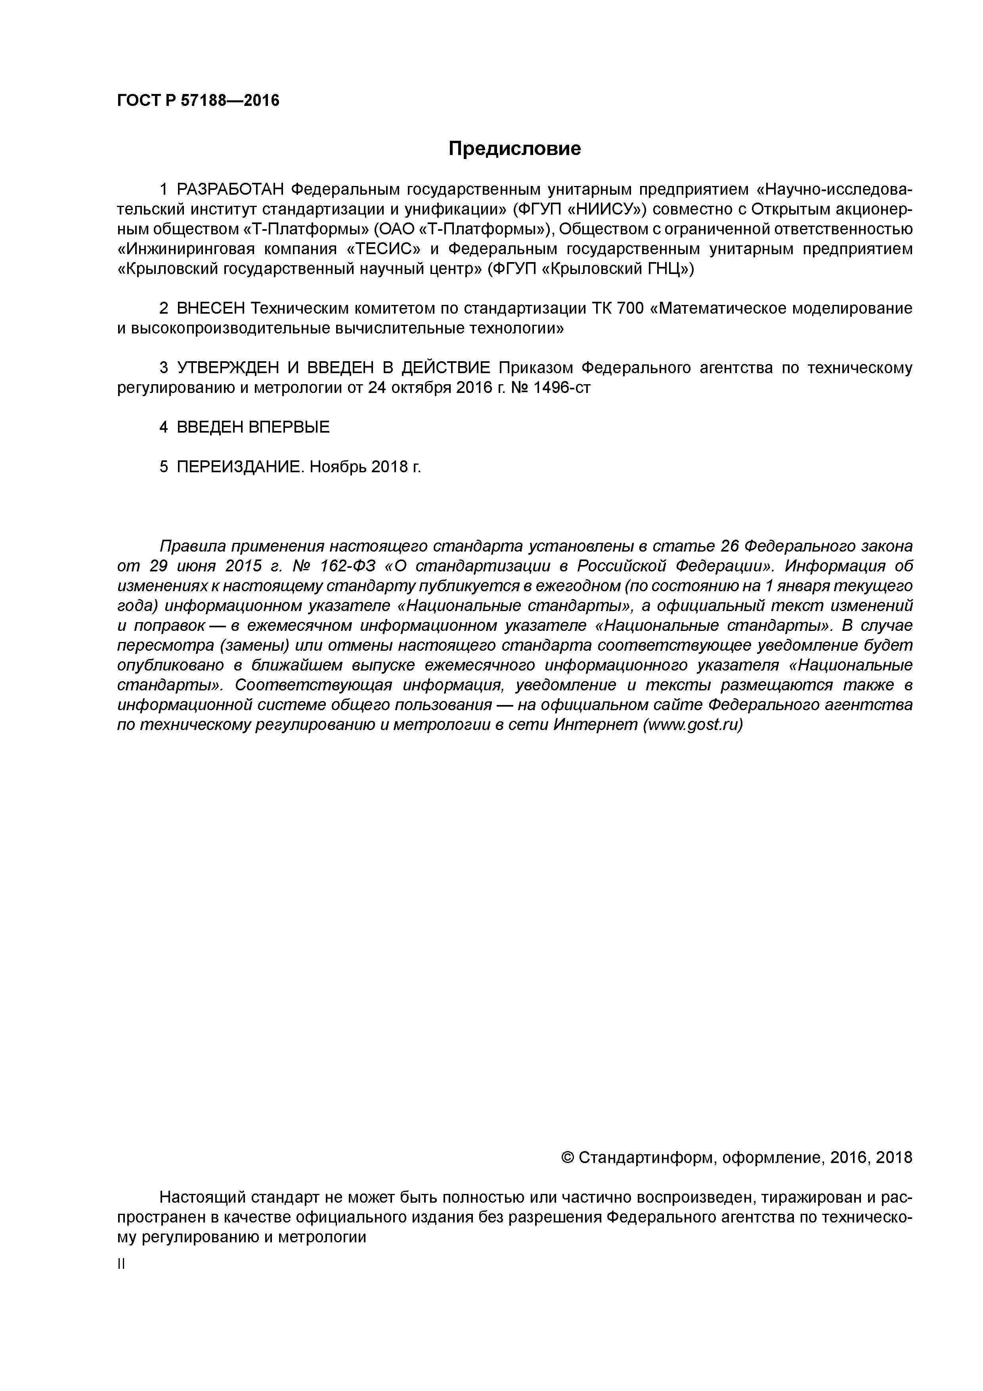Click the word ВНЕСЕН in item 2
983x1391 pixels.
coord(211,308)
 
